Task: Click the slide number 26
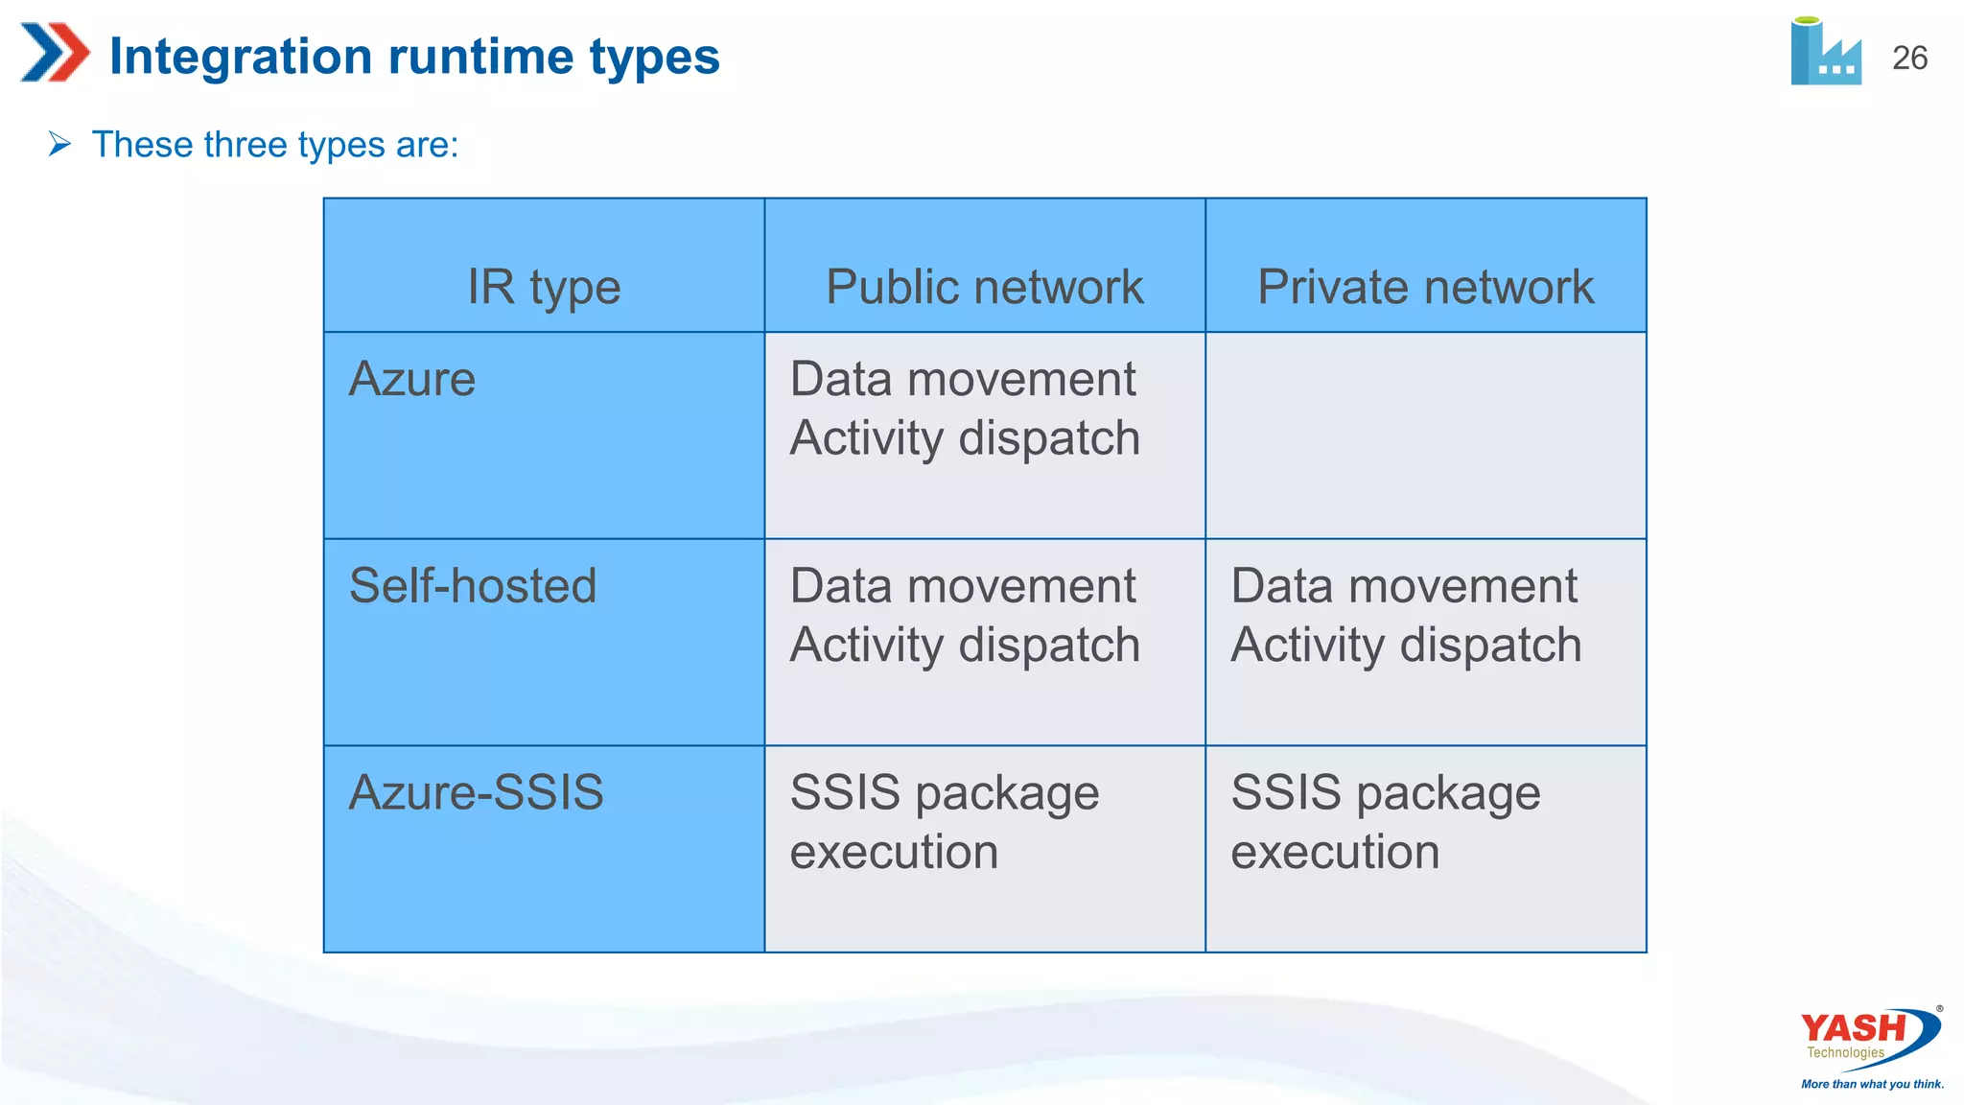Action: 1908,59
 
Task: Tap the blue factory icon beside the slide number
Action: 1825,53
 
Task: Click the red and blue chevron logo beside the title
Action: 55,53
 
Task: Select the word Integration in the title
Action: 240,56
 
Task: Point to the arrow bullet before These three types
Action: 59,145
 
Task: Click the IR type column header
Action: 544,287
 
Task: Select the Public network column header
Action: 984,287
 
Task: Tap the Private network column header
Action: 1425,287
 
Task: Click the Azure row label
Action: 412,379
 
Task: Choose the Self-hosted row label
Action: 473,586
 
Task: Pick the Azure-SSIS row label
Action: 476,793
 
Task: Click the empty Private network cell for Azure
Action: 1425,435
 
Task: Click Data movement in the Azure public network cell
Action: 963,379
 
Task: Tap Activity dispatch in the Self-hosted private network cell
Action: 1406,645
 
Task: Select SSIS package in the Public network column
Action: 944,793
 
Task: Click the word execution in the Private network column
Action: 1335,852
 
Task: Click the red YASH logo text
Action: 1853,1028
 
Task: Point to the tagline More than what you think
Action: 1872,1084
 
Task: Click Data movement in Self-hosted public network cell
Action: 963,586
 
